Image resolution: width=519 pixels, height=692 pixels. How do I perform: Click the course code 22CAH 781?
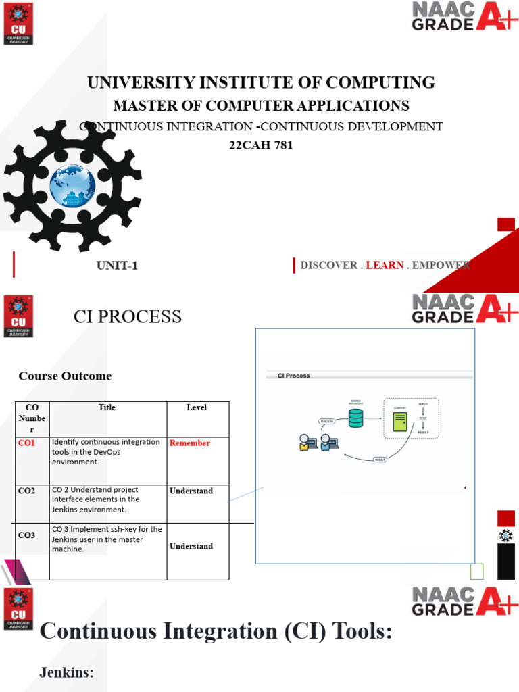[x=261, y=145]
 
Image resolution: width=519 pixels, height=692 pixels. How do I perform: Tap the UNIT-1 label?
[x=117, y=266]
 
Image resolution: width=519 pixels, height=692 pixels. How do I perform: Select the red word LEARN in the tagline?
[x=385, y=265]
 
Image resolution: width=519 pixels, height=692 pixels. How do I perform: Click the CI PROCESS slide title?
[x=127, y=316]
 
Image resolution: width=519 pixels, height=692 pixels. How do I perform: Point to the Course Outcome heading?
[x=65, y=376]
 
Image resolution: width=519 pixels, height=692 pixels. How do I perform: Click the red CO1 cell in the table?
[x=27, y=443]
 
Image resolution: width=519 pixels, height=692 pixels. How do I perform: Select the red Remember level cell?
[x=189, y=443]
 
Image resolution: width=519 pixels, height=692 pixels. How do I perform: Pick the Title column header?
[x=107, y=407]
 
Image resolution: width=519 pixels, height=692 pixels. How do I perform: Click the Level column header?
[x=197, y=407]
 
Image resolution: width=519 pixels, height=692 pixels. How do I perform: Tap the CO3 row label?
[x=27, y=535]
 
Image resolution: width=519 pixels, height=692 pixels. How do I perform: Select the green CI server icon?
[x=400, y=422]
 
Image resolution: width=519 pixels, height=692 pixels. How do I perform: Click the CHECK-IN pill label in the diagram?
[x=327, y=421]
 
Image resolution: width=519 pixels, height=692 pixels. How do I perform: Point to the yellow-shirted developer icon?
[x=307, y=443]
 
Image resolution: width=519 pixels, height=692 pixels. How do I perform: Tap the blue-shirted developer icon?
[x=328, y=443]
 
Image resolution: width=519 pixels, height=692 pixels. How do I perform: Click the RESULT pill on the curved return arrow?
[x=381, y=460]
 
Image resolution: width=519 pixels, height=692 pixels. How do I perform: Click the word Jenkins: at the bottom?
[x=66, y=672]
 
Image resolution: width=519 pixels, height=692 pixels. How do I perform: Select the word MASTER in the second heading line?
[x=140, y=105]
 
